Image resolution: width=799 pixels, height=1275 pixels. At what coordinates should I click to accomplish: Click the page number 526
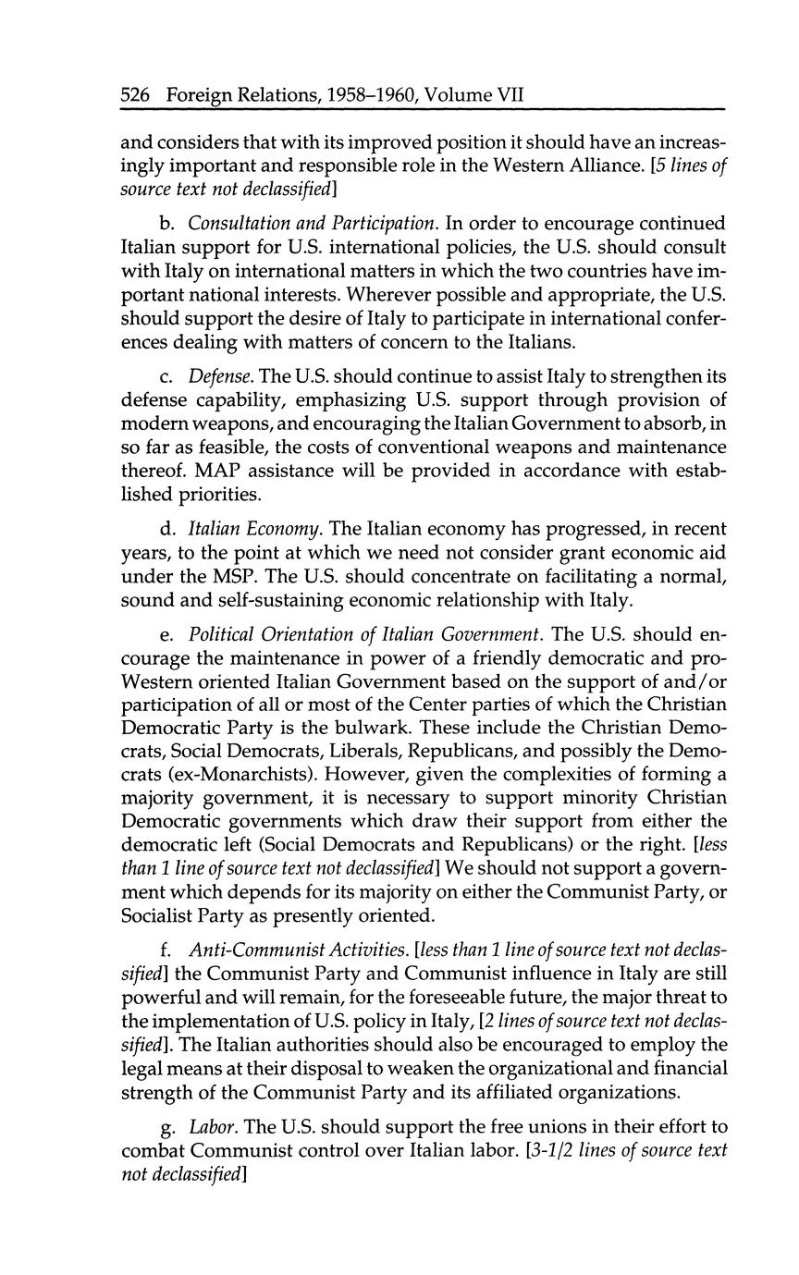click(x=137, y=95)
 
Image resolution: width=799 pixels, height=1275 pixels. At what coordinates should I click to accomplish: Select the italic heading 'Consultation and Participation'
click(x=313, y=224)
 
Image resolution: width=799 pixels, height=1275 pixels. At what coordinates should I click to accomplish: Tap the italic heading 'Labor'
click(x=209, y=1126)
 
